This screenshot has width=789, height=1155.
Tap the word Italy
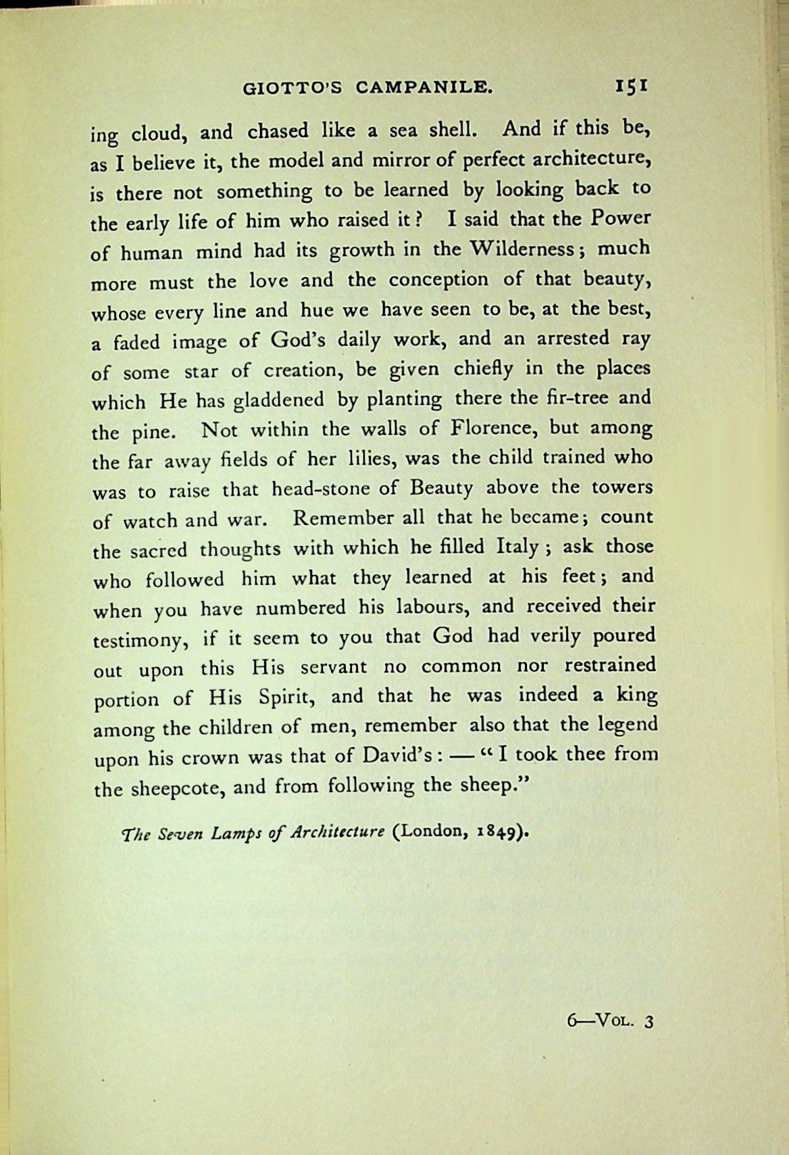click(x=517, y=547)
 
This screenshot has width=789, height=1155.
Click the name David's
click(x=394, y=754)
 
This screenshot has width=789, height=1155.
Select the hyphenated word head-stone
click(x=330, y=488)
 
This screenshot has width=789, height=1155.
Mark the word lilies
click(x=365, y=459)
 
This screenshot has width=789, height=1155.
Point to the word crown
click(x=212, y=757)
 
